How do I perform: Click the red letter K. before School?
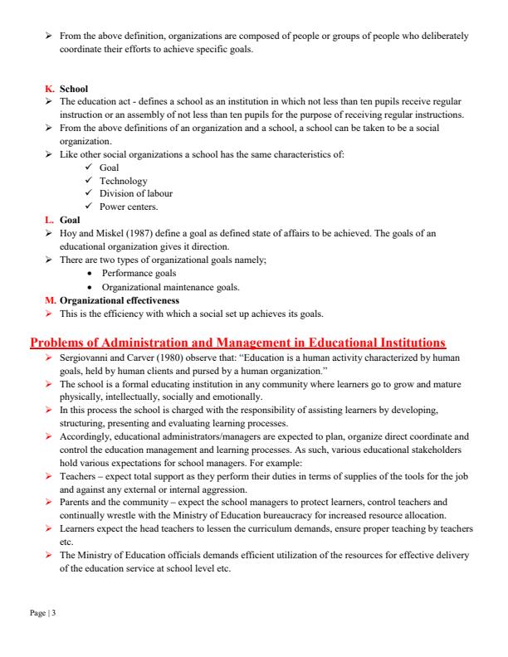pyautogui.click(x=49, y=89)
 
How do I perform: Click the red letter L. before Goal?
pyautogui.click(x=49, y=220)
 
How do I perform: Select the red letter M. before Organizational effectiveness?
pyautogui.click(x=50, y=299)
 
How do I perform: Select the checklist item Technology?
pyautogui.click(x=123, y=181)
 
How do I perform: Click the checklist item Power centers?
pyautogui.click(x=128, y=207)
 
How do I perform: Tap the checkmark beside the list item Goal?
pyautogui.click(x=88, y=168)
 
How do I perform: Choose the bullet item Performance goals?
pyautogui.click(x=139, y=273)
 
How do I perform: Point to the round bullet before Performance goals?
pyautogui.click(x=90, y=273)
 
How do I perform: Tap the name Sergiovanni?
pyautogui.click(x=85, y=357)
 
